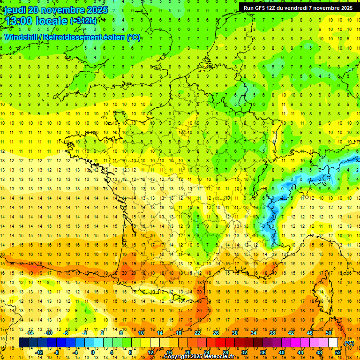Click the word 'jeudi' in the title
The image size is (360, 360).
point(15,10)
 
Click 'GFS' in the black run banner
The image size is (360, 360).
point(263,8)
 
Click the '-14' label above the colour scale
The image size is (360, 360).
point(30,333)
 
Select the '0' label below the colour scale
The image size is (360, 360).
point(92,352)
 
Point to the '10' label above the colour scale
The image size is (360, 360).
point(141,333)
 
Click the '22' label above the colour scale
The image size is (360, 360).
point(197,333)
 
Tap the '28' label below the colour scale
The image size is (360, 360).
point(225,352)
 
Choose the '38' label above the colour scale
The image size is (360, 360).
point(272,333)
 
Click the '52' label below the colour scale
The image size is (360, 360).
point(338,352)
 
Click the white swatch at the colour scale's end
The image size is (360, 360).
point(333,343)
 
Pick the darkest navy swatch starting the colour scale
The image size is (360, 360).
point(23,343)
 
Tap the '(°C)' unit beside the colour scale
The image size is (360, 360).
point(349,343)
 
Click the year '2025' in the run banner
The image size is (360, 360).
point(345,8)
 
